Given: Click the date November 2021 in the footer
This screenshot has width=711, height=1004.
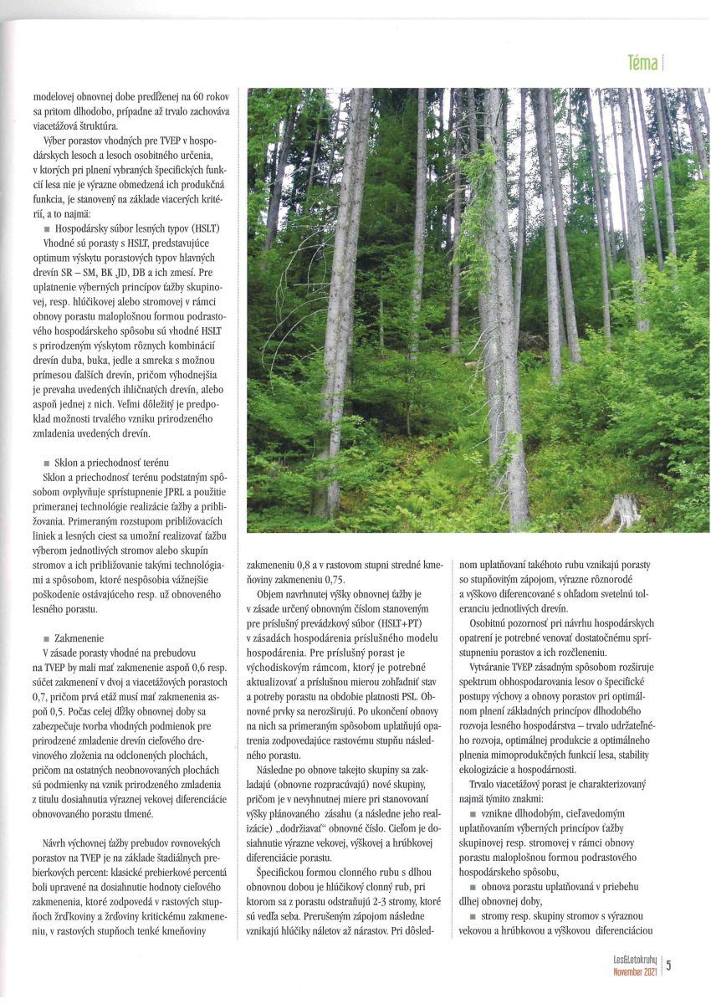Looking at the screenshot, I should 635,972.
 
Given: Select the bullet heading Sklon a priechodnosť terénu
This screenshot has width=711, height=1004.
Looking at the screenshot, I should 111,462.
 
